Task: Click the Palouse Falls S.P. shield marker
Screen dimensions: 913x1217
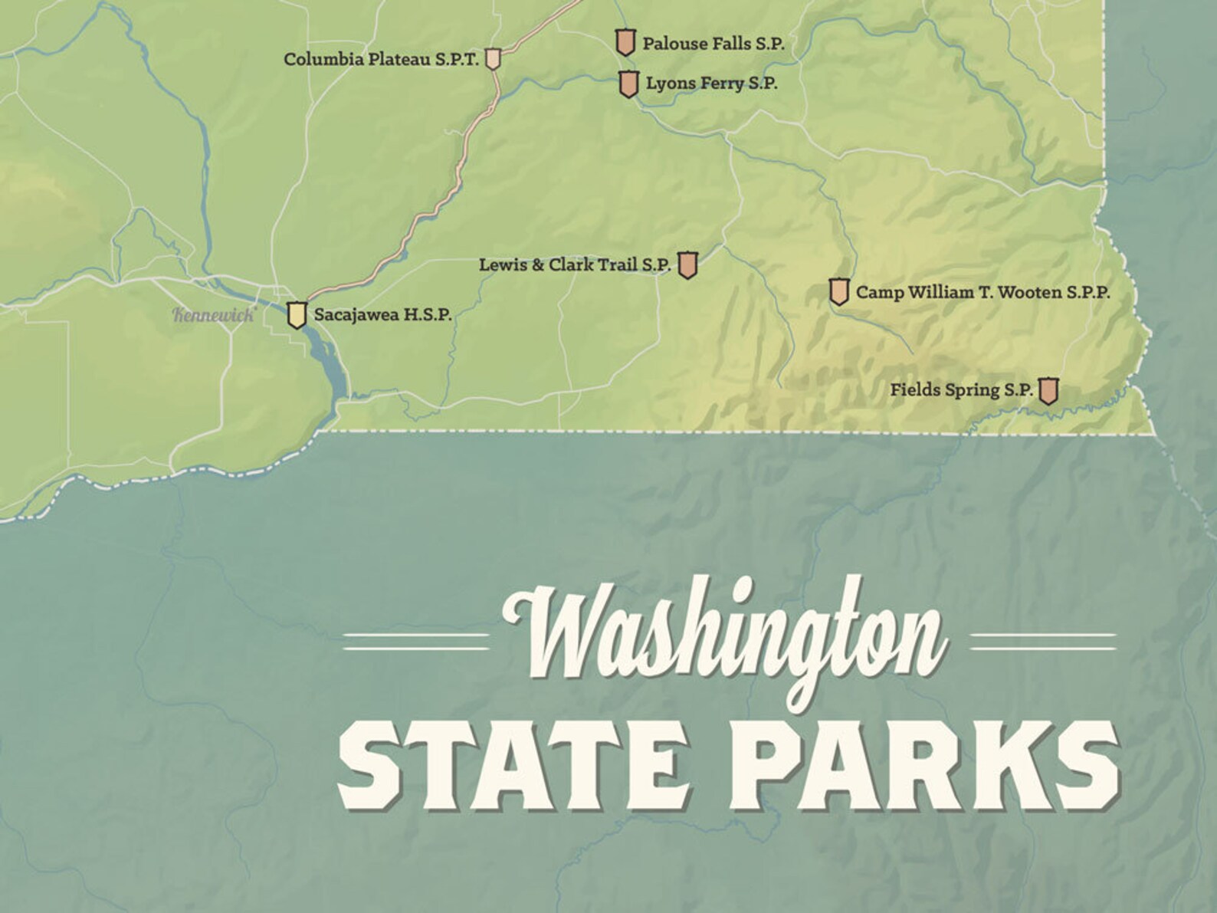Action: [x=626, y=42]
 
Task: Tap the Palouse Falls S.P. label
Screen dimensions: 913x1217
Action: [x=713, y=44]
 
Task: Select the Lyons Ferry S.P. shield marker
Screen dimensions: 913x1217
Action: [x=629, y=84]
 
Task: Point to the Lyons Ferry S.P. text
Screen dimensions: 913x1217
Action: [x=711, y=84]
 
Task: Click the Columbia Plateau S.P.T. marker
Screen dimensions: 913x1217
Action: [x=494, y=59]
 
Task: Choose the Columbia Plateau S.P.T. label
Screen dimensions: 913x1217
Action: [x=381, y=59]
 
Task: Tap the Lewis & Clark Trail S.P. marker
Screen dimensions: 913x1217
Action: [x=687, y=264]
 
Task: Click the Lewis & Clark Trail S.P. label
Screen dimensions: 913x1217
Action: [x=575, y=264]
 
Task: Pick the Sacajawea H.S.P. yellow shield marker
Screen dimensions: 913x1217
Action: [x=297, y=314]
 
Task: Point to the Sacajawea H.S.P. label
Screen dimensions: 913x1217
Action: [x=383, y=314]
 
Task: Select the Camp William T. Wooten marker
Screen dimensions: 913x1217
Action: [x=839, y=291]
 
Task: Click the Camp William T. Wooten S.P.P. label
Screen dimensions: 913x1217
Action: [x=982, y=292]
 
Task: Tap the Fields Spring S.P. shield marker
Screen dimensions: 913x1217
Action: [x=1048, y=390]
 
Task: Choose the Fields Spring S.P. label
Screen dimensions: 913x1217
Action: [x=961, y=390]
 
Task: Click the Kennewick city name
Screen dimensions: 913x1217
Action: [x=213, y=314]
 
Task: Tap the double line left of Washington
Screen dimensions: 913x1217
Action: [x=415, y=642]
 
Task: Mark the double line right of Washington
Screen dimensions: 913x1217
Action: [x=1043, y=642]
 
